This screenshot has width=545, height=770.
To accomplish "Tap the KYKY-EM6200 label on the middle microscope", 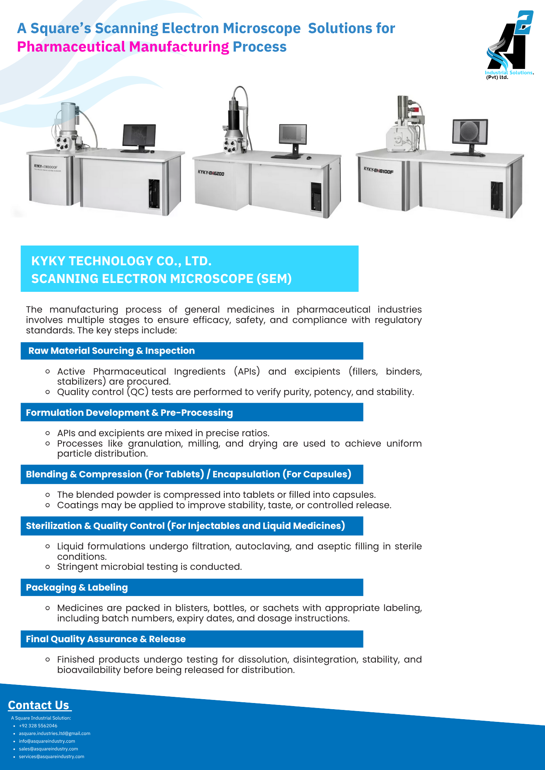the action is coord(211,173).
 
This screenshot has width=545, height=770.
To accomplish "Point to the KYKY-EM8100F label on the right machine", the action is coord(378,170).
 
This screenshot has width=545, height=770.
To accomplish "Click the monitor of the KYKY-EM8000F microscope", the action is coord(139,138).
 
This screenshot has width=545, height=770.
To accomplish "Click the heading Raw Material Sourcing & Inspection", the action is coord(111,351).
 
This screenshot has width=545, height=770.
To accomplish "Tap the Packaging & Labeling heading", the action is coord(77,588).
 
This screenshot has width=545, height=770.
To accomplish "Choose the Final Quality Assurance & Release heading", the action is coord(106,639).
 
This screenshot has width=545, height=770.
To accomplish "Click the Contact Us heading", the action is coord(39,705).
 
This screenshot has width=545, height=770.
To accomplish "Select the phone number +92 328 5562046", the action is coord(38,726).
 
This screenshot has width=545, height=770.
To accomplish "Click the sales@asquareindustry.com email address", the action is coord(49,749).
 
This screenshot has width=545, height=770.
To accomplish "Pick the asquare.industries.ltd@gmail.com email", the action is coord(55,733).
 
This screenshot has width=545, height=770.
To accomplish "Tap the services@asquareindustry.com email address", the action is coord(52,757).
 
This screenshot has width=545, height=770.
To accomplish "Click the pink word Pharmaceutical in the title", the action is coord(71,47).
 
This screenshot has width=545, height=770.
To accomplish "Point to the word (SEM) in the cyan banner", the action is coord(274,279).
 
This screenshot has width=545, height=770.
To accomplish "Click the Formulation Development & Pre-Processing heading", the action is coord(130,413).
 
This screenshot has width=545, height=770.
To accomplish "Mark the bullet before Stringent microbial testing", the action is coord(47,567).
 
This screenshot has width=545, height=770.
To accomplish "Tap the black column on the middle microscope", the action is coord(234,120).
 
